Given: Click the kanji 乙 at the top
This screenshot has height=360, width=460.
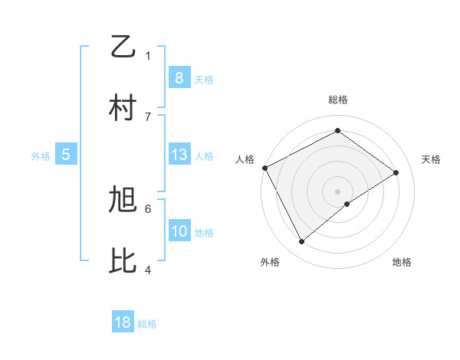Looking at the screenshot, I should click(x=123, y=47).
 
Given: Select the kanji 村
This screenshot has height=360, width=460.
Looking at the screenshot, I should click(x=123, y=108).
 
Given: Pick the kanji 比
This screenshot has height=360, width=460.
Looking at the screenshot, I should click(x=123, y=261).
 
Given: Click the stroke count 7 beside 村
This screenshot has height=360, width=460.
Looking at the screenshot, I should click(x=148, y=116).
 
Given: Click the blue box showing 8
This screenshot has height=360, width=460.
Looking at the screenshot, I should click(x=179, y=77).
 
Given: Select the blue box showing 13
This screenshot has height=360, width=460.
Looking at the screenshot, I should click(x=179, y=155).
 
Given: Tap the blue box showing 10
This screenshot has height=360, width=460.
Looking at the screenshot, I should click(x=179, y=231).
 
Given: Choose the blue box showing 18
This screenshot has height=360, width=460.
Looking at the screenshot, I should click(x=123, y=322).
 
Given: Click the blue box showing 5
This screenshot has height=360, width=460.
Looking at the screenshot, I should click(x=66, y=155).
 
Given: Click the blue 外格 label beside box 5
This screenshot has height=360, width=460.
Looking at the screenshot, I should click(x=41, y=156).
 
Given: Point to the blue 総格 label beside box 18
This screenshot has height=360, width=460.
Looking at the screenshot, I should click(x=147, y=324).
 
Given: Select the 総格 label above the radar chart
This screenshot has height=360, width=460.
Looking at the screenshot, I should click(x=337, y=100).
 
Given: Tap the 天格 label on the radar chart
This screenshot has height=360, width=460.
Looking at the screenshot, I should click(x=431, y=159).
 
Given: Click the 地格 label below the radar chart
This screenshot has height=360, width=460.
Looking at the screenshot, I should click(x=402, y=263).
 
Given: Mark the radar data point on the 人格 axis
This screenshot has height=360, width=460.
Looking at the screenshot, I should click(x=264, y=168).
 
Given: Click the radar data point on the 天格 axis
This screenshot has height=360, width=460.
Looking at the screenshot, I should click(x=396, y=172).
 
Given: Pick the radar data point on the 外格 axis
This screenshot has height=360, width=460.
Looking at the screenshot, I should click(x=301, y=242).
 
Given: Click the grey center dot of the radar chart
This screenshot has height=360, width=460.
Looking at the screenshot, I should click(x=337, y=191).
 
